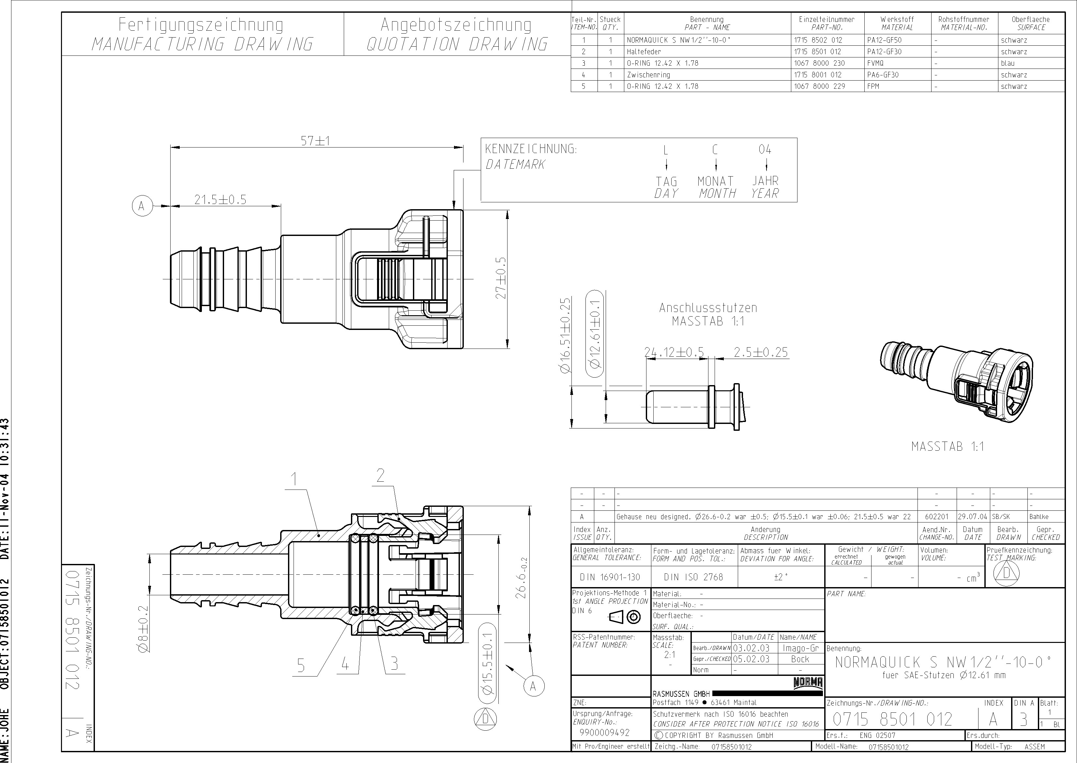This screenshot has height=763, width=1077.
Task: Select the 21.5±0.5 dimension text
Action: pyautogui.click(x=220, y=200)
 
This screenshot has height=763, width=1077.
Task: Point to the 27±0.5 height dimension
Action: pyautogui.click(x=501, y=278)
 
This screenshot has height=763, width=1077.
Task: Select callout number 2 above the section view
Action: pyautogui.click(x=380, y=476)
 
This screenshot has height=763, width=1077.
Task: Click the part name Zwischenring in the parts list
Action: pyautogui.click(x=648, y=75)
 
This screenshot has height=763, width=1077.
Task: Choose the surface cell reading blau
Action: pyautogui.click(x=1008, y=63)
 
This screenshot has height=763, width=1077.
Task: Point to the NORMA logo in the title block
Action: pyautogui.click(x=808, y=683)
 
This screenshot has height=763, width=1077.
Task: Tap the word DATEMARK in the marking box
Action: pyautogui.click(x=515, y=164)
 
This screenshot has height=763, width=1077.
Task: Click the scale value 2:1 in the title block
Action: pyautogui.click(x=670, y=654)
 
